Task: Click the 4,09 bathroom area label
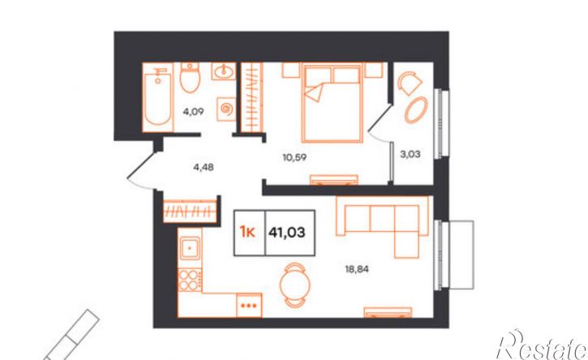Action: point(193,111)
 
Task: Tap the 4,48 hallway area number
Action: point(204,167)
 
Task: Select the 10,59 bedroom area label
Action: point(294,157)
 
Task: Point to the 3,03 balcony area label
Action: point(410,154)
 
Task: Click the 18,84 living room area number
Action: point(357,269)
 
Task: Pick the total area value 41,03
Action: point(287,233)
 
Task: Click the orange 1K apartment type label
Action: point(247,233)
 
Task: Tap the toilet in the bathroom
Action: point(190,78)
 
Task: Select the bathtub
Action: point(158,97)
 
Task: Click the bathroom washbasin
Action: point(224,71)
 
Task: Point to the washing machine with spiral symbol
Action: point(226,109)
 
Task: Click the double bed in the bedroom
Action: point(333,103)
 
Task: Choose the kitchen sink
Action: point(190,248)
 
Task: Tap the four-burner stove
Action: point(189,280)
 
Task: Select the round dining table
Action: point(294,285)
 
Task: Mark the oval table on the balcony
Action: point(416,109)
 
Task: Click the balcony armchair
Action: point(410,83)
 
